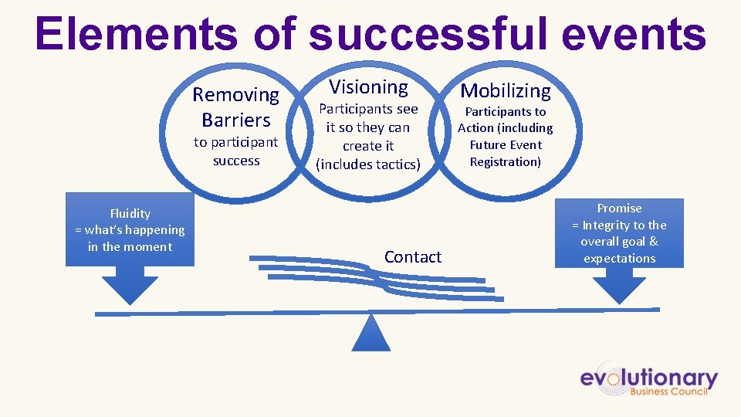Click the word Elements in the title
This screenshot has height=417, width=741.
135,35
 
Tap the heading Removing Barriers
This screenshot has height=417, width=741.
235,107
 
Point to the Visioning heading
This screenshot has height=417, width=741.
368,87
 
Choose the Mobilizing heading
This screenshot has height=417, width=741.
506,91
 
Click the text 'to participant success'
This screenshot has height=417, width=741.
235,151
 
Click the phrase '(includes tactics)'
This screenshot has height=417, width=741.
368,164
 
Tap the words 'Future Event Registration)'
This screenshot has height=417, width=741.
506,153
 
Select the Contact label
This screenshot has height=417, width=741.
413,257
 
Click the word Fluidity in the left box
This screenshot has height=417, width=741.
130,213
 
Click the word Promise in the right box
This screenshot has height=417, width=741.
619,208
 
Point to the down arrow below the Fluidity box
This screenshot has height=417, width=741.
130,288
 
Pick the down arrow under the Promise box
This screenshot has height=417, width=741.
618,288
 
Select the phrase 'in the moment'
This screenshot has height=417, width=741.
130,247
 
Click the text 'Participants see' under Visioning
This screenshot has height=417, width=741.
368,110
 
